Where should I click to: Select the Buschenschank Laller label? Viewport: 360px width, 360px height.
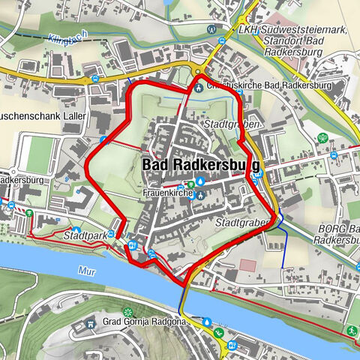(x=45, y=118)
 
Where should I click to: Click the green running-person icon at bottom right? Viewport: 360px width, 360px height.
(x=350, y=329)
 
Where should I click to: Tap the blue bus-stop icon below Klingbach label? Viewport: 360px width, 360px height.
(x=95, y=78)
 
